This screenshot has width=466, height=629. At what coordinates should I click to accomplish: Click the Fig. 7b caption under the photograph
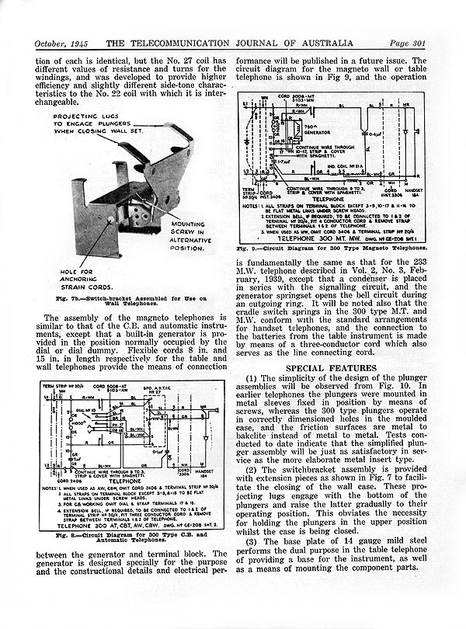coord(124,300)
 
